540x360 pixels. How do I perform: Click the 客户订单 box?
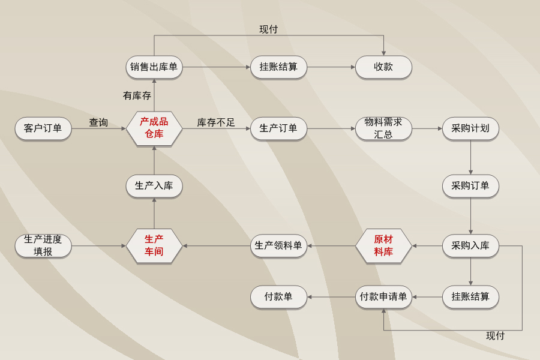pos(43,128)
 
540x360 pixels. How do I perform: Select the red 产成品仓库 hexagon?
pos(154,128)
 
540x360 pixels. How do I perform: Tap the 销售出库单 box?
pos(154,67)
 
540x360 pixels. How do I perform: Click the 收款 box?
pos(383,67)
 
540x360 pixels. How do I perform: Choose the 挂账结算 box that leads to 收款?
pos(278,67)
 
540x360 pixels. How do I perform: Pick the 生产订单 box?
pos(278,128)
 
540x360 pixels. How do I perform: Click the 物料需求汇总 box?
pos(383,128)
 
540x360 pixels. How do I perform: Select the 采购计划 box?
pos(470,128)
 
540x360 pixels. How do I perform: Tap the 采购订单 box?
pos(470,186)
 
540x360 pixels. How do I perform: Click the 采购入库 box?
pos(470,245)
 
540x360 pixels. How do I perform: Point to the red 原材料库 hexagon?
pos(383,245)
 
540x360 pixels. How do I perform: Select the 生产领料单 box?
pos(278,245)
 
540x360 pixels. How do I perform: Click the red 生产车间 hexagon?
pos(154,245)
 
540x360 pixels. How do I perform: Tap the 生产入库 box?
pos(154,186)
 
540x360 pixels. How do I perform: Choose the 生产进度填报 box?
pos(43,245)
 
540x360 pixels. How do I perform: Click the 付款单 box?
pos(278,297)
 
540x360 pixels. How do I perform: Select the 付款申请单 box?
pos(383,297)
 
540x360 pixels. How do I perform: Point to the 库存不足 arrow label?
pos(216,122)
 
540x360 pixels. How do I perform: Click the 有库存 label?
pos(137,95)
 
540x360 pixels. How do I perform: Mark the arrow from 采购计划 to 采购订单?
pos(470,157)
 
